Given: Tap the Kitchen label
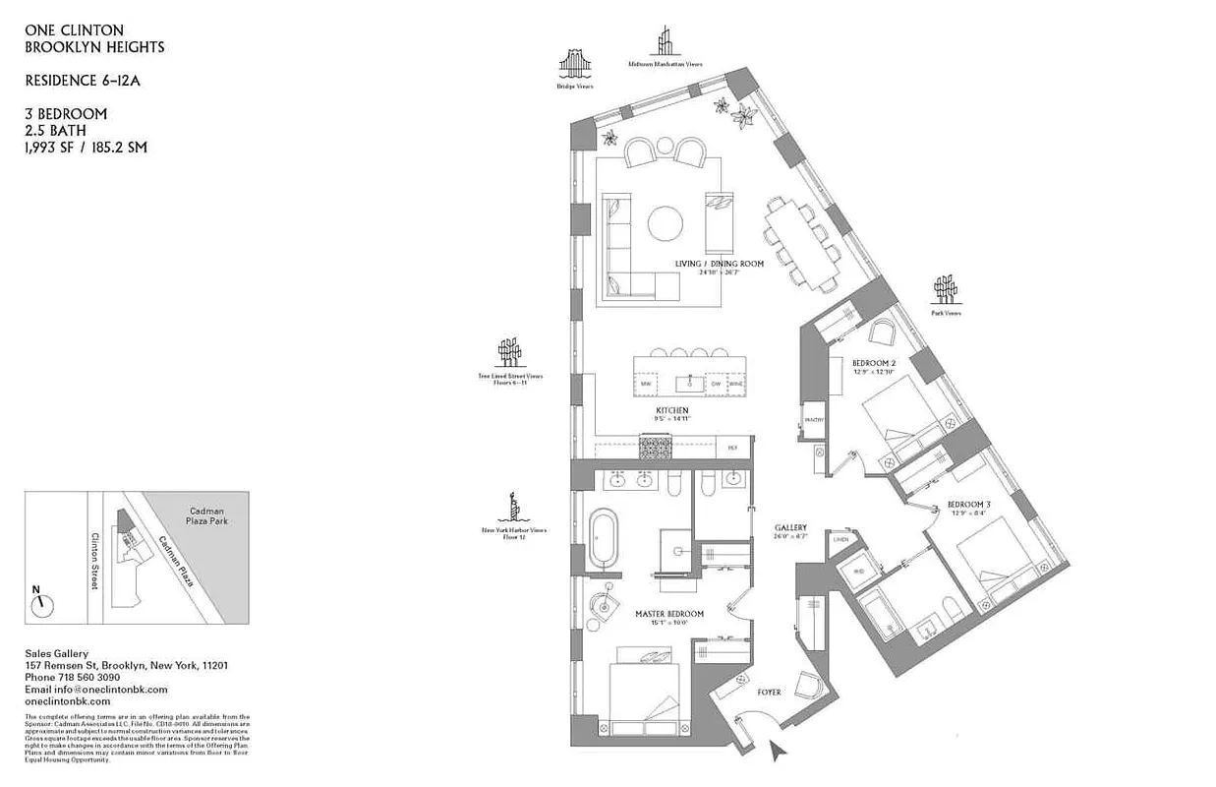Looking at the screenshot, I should tap(671, 410).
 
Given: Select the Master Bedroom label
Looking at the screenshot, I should tap(668, 614).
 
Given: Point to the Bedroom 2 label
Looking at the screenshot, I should tap(873, 363).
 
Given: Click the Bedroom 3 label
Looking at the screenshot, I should tap(968, 505).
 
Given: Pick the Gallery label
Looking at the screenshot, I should tap(790, 528).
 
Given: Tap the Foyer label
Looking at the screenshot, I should tap(769, 693).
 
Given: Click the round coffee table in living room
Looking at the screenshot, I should tap(666, 221).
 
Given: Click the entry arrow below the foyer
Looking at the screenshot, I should tap(779, 752).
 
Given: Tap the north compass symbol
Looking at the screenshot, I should tap(42, 603).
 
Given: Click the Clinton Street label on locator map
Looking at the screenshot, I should tap(95, 562).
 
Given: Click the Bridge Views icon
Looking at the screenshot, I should tap(575, 64).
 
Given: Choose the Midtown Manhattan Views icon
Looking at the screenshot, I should tap(666, 42).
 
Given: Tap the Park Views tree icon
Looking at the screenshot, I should tap(946, 290).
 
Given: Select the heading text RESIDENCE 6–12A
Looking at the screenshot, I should tap(83, 81).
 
